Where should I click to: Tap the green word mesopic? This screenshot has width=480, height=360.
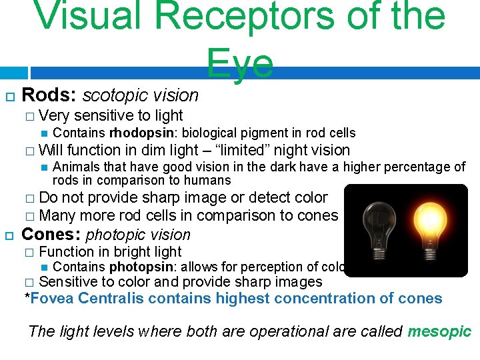click(439, 331)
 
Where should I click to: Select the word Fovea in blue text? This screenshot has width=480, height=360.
click(52, 298)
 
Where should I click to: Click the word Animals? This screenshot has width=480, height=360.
click(75, 167)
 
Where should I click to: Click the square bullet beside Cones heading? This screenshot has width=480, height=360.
click(9, 235)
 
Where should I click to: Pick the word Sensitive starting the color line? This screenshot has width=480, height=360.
click(70, 282)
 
